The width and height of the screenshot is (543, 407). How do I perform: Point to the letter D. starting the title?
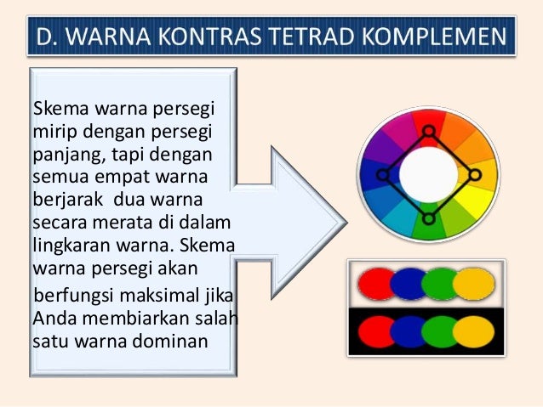(x=43, y=39)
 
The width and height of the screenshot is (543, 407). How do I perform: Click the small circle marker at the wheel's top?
(x=429, y=132)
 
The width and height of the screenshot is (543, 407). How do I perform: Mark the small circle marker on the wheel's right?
(x=475, y=175)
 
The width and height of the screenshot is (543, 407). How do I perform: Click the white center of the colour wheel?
(x=428, y=174)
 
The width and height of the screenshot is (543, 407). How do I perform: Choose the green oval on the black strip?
(x=442, y=331)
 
